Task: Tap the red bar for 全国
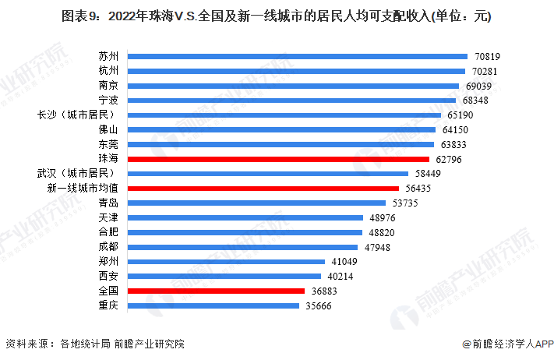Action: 216,291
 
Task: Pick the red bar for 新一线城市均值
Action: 263,188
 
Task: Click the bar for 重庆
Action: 213,305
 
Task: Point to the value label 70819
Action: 486,56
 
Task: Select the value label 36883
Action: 323,291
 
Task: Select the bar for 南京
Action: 293,86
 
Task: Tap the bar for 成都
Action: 244,247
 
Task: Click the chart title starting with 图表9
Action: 276,16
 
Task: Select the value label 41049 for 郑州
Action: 344,262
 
